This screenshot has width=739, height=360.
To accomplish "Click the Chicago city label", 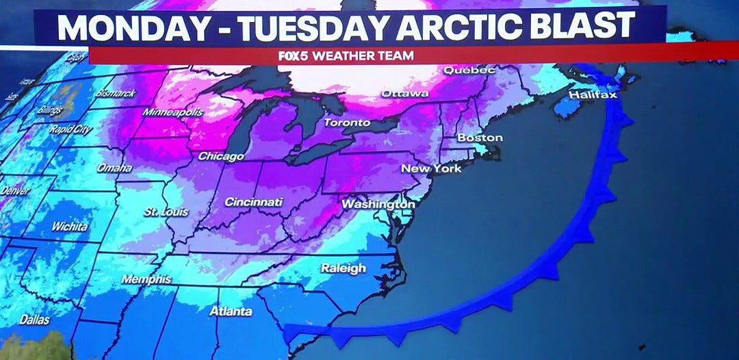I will tap(220, 157).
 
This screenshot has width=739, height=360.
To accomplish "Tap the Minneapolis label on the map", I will tap(173, 112).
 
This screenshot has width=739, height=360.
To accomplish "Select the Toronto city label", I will tap(346, 123).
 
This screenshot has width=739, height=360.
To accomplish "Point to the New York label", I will tap(431, 168).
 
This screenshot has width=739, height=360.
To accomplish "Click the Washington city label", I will tap(378, 205).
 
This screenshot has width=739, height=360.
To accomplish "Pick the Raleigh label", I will tap(343, 268).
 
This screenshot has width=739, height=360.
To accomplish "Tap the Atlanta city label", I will tap(231, 311).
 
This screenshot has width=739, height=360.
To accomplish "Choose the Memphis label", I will tap(146, 279).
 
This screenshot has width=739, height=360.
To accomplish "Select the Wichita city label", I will tap(69, 227).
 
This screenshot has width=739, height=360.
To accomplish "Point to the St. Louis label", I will tap(166, 212).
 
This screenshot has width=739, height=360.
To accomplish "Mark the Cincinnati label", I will tap(254, 203).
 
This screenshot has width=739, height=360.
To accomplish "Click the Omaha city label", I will tap(114, 168).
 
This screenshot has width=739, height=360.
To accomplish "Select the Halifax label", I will tap(593, 95).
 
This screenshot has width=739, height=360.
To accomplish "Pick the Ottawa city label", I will tap(405, 93).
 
